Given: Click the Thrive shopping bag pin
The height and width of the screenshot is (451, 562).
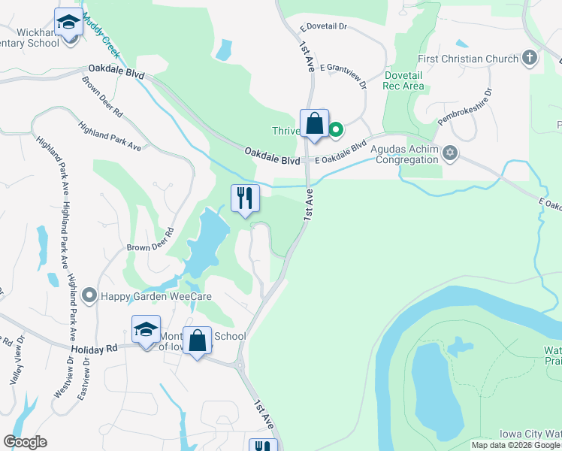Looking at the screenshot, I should pyautogui.click(x=314, y=123).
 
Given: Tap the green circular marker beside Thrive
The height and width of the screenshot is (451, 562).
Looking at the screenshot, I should pyautogui.click(x=336, y=130).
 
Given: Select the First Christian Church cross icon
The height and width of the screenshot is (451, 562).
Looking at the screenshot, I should pyautogui.click(x=530, y=58).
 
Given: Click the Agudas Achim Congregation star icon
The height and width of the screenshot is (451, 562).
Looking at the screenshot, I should pyautogui.click(x=450, y=153).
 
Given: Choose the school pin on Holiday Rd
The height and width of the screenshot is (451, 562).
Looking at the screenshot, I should pyautogui.click(x=146, y=329).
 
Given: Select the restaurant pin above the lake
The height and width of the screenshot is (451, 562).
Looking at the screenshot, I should pyautogui.click(x=245, y=198).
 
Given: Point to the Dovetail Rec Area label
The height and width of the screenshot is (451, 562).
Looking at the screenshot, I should pyautogui.click(x=403, y=80).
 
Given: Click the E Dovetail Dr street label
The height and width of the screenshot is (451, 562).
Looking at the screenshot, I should pyautogui.click(x=324, y=26).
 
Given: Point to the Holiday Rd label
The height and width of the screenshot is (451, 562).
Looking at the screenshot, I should pyautogui.click(x=95, y=349).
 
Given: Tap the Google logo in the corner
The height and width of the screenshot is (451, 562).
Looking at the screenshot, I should pyautogui.click(x=25, y=442).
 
